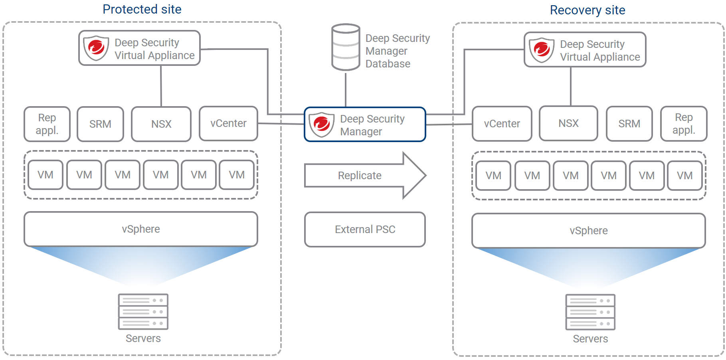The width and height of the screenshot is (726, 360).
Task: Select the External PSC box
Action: [x=365, y=229]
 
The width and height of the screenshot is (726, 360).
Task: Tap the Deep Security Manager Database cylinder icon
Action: [x=346, y=47]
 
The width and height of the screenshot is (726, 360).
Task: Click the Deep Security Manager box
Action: [x=365, y=125]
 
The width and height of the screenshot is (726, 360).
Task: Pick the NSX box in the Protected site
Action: [x=161, y=124]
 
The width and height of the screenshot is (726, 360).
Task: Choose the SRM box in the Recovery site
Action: [x=629, y=124]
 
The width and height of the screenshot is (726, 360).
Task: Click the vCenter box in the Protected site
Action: [x=228, y=124]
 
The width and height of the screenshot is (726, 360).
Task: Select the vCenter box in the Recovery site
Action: [x=502, y=124]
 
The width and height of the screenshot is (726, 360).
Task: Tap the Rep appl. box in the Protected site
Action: [x=47, y=124]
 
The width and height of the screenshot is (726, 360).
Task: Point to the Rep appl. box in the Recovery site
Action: [x=684, y=124]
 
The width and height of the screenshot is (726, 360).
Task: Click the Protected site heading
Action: [x=142, y=9]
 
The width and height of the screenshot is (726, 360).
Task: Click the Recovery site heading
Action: [x=588, y=10]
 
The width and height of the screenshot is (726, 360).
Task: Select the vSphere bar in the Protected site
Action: [x=141, y=229]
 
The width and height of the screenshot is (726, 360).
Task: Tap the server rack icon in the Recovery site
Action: [x=590, y=312]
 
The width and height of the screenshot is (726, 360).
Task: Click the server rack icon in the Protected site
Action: [x=143, y=312]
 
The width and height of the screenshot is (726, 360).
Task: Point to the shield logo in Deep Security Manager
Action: [x=321, y=125]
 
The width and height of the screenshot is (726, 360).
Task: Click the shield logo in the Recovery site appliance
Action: [x=542, y=50]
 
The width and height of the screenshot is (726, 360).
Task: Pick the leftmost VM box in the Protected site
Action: [x=45, y=175]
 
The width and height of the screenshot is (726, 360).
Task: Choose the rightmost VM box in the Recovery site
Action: [x=684, y=176]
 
